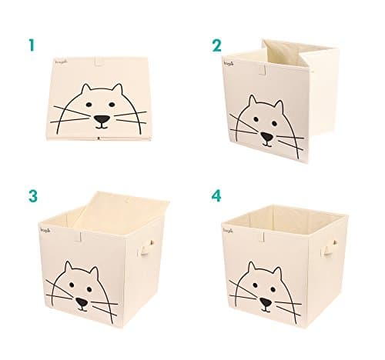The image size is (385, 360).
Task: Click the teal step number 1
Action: pos(32,45)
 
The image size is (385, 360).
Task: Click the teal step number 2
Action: pos(217,45)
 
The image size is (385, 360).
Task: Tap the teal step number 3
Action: pos(32,196)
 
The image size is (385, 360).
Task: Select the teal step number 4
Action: pos(217,196)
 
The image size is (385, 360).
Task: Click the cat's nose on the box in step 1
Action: pos(101,120)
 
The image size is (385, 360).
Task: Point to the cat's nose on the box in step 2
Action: pos(266,137)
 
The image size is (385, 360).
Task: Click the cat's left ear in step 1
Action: pos(85,90)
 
